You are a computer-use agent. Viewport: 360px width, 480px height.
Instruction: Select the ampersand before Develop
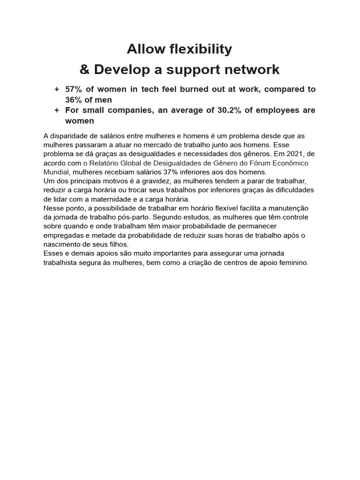coord(84,70)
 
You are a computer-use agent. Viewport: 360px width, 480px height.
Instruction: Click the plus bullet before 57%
coord(57,89)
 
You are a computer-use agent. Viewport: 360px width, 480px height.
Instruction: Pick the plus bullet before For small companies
coord(57,110)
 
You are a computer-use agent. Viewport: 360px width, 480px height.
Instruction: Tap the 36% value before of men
coord(74,100)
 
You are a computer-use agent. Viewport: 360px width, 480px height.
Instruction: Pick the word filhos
coord(118,244)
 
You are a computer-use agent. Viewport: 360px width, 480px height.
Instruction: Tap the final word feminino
coord(293,262)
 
